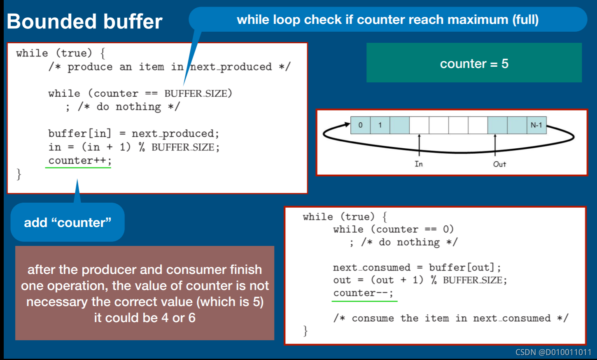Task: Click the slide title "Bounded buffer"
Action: point(85,21)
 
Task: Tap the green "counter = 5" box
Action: point(474,63)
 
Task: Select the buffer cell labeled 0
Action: point(360,125)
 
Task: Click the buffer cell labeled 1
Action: point(380,125)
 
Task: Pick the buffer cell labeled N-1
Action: point(536,125)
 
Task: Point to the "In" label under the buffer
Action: point(419,164)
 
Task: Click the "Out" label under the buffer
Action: point(499,164)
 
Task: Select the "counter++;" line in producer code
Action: point(79,160)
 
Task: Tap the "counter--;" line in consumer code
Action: point(363,293)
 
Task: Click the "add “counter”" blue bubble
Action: point(68,222)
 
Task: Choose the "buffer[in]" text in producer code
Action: point(79,133)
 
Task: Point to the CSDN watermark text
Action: point(553,352)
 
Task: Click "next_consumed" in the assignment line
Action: point(371,267)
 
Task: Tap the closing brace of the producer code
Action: point(19,174)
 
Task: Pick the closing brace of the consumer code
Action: point(305,330)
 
